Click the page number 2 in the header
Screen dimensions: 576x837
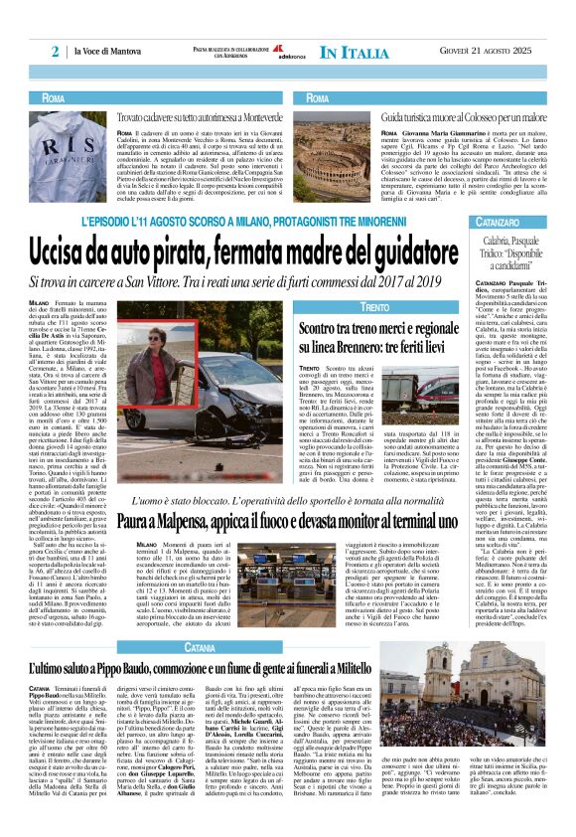click(x=56, y=52)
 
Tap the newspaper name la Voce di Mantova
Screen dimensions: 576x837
click(x=106, y=53)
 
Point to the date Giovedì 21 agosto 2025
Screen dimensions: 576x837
click(x=482, y=52)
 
